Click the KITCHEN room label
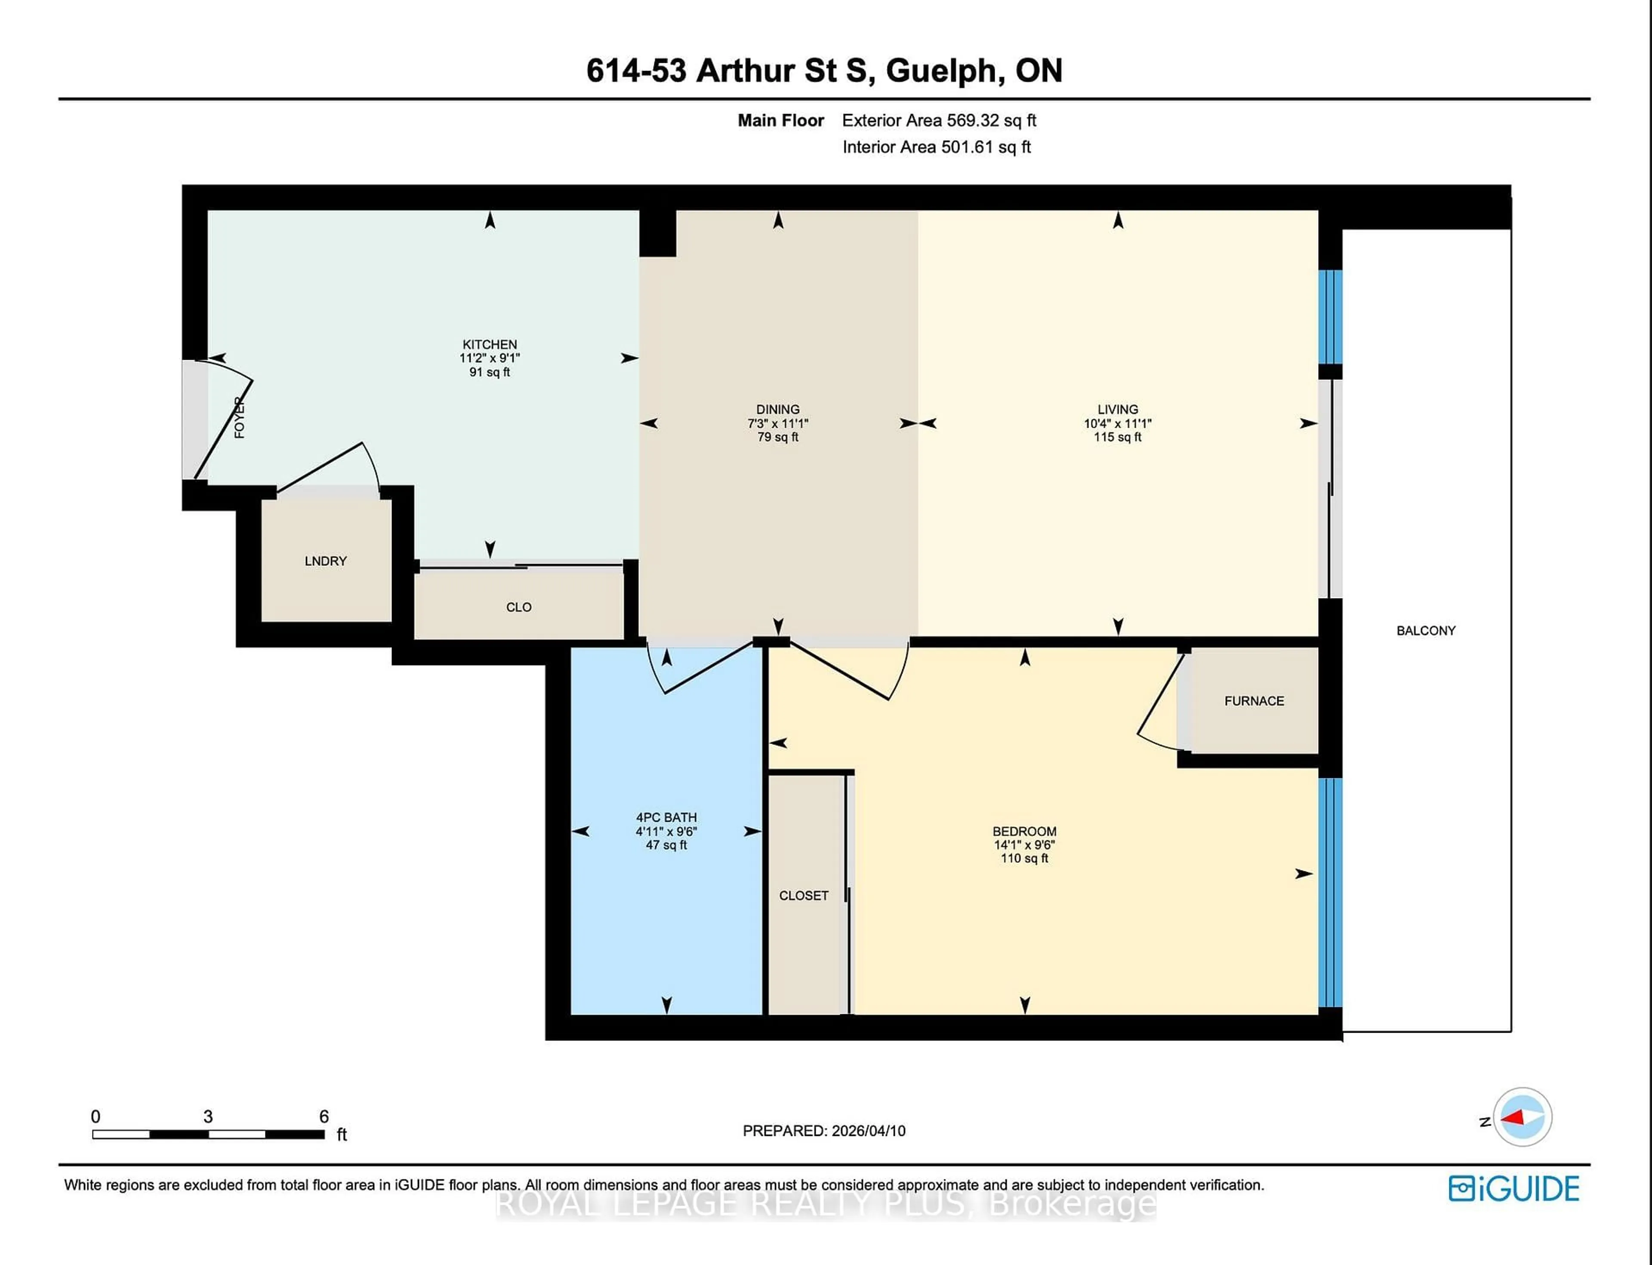pyautogui.click(x=490, y=344)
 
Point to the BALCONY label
pyautogui.click(x=1425, y=631)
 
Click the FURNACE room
pyautogui.click(x=1254, y=701)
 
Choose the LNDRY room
pyautogui.click(x=325, y=561)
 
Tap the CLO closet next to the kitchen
pyautogui.click(x=519, y=607)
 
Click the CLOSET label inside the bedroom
pyautogui.click(x=803, y=895)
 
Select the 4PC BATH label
pyautogui.click(x=666, y=817)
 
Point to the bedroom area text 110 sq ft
pyautogui.click(x=1024, y=858)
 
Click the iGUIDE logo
pyautogui.click(x=1513, y=1189)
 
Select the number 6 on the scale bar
pyautogui.click(x=324, y=1117)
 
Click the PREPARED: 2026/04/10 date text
pyautogui.click(x=824, y=1131)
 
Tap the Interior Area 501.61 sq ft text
pyautogui.click(x=936, y=147)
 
